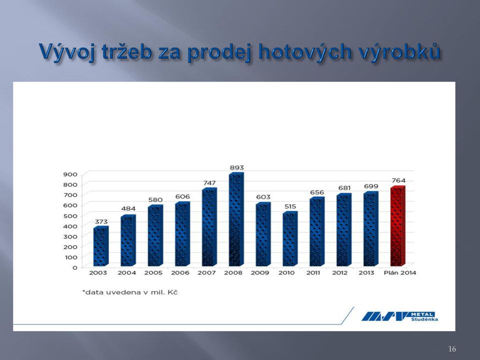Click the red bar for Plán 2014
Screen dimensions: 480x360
pyautogui.click(x=397, y=226)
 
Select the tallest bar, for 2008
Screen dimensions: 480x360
pyautogui.click(x=236, y=219)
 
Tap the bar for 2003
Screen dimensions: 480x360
pyautogui.click(x=101, y=246)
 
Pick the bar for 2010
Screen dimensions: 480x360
pyautogui.click(x=290, y=239)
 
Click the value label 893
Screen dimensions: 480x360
pyautogui.click(x=236, y=167)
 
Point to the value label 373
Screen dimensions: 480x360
pyautogui.click(x=101, y=221)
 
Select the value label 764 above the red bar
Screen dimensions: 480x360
pyautogui.click(x=398, y=180)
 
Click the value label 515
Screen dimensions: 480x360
pyautogui.click(x=290, y=206)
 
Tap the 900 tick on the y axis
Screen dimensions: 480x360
pyautogui.click(x=70, y=174)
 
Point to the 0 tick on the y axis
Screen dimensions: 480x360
pyautogui.click(x=74, y=267)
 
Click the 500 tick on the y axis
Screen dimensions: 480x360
pyautogui.click(x=70, y=216)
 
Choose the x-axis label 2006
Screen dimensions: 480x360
pyautogui.click(x=180, y=273)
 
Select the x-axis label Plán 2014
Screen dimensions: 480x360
pyautogui.click(x=400, y=273)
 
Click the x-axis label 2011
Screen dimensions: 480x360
pyautogui.click(x=313, y=273)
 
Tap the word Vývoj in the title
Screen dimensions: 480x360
pyautogui.click(x=66, y=51)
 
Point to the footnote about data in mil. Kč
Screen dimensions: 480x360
pyautogui.click(x=130, y=292)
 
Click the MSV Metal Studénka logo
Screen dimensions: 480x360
pyautogui.click(x=400, y=316)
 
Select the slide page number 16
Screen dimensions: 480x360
pyautogui.click(x=452, y=348)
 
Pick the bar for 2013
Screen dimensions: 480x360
pyautogui.click(x=370, y=229)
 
